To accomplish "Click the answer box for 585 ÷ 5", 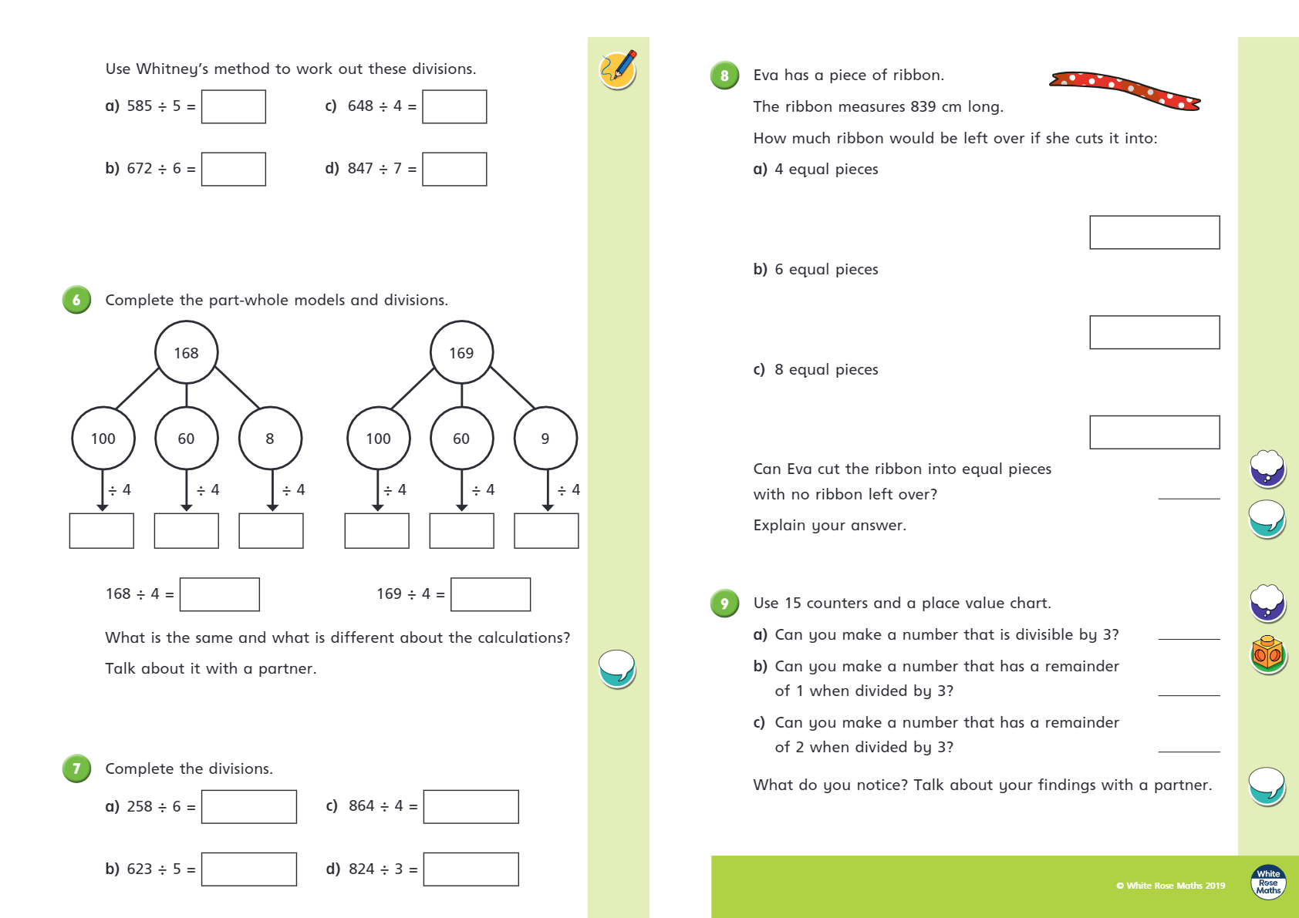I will tap(233, 106).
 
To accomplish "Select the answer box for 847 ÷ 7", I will tap(454, 169).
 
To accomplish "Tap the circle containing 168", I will tap(186, 352).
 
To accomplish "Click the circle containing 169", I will tap(461, 352).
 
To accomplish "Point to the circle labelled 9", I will tap(545, 438).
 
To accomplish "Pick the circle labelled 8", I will tap(270, 438).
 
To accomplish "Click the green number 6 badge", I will tap(76, 300).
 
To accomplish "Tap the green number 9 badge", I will tap(724, 604).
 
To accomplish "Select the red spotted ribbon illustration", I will tap(1124, 90).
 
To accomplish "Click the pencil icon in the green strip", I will tap(618, 69).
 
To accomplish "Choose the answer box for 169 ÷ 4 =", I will tap(491, 594).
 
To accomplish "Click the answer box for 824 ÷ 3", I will tap(471, 869).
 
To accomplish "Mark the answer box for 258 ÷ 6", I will tap(248, 806).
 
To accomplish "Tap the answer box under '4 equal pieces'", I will tap(1154, 232).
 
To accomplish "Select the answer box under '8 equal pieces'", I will tap(1154, 432).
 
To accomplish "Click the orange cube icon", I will tap(1267, 654).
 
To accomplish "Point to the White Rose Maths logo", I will tap(1268, 882).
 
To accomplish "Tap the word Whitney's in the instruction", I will tap(172, 69).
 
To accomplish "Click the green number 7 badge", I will tap(76, 768).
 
